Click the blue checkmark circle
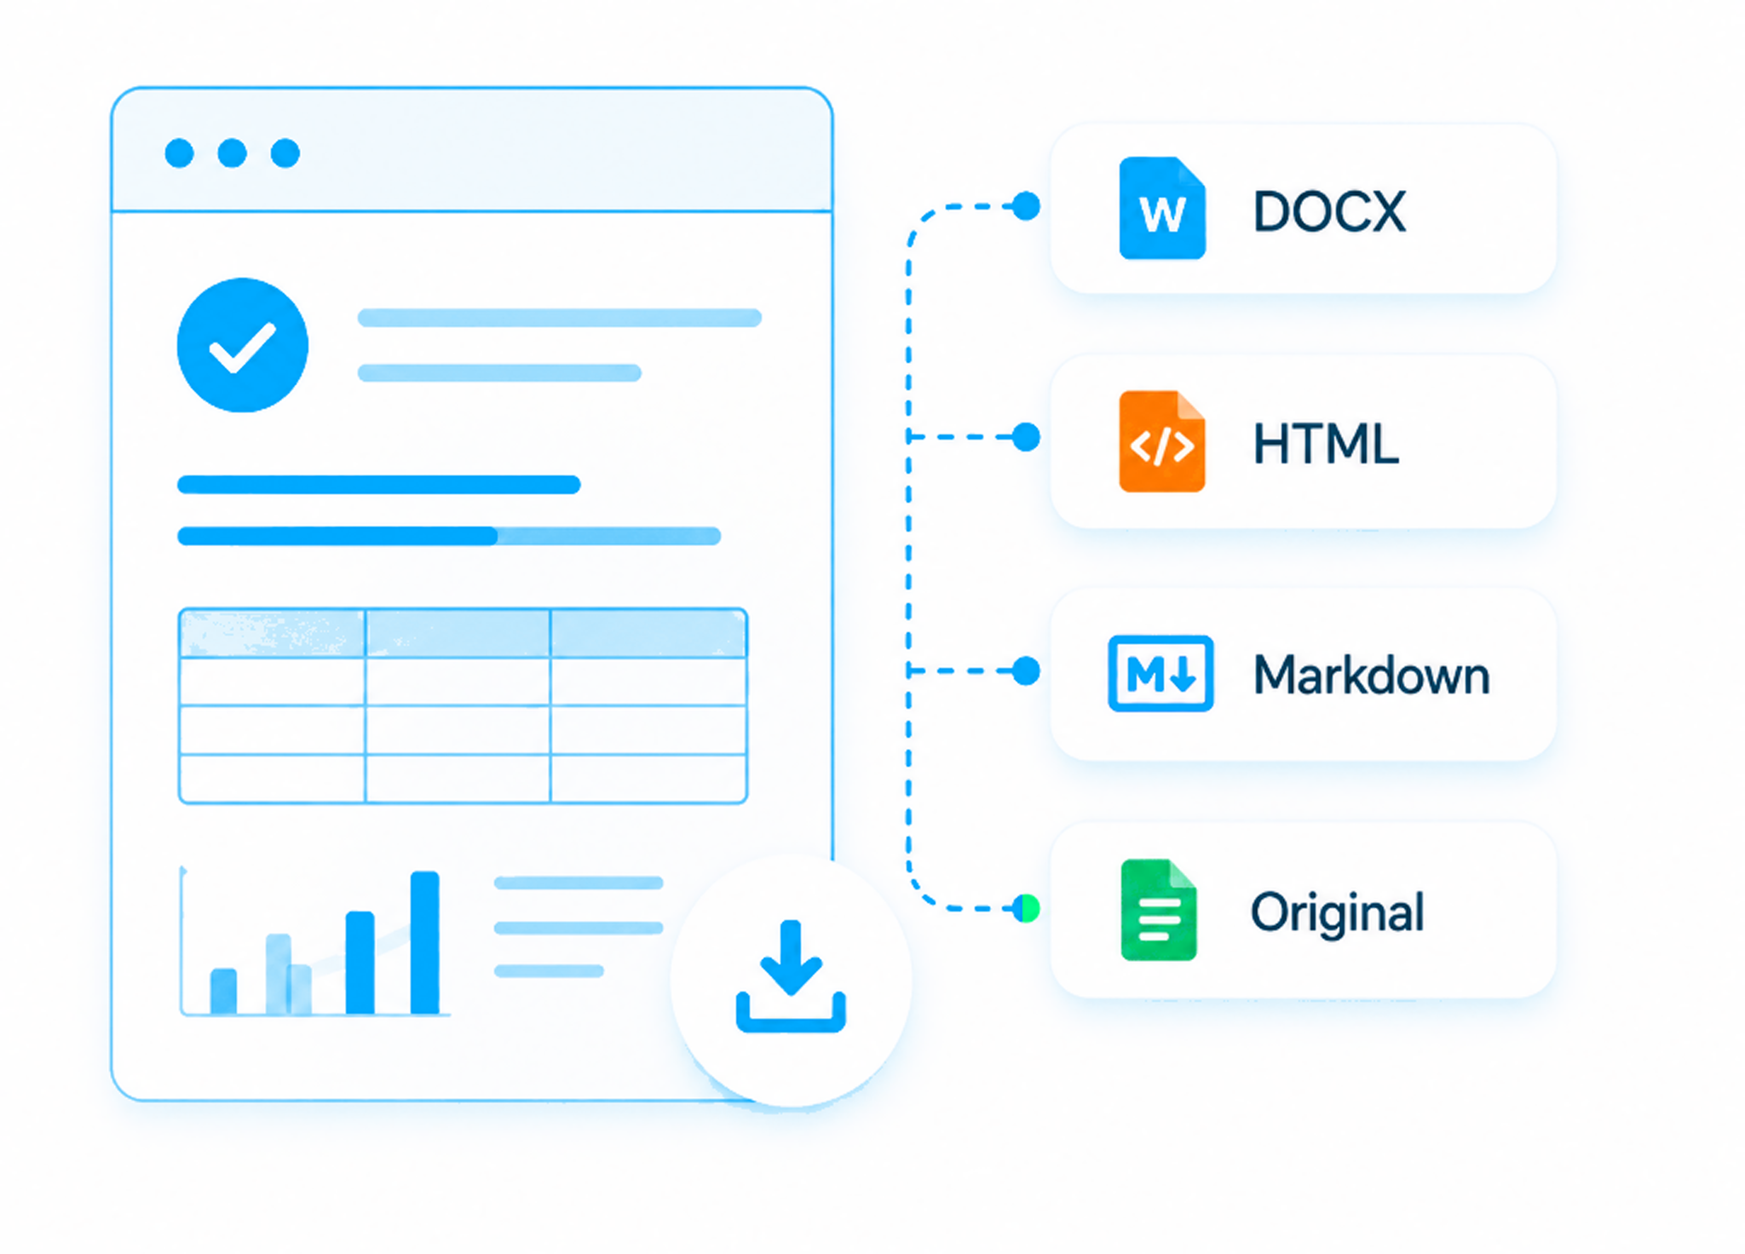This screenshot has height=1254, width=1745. pyautogui.click(x=243, y=345)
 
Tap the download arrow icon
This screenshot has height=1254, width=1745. pyautogui.click(x=791, y=976)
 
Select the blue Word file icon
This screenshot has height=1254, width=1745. pyautogui.click(x=1162, y=208)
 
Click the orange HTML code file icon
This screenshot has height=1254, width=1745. pyautogui.click(x=1162, y=441)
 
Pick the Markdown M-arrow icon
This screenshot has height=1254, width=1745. pyautogui.click(x=1160, y=673)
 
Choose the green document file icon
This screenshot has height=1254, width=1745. pyautogui.click(x=1159, y=910)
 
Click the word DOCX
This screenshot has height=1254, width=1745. pyautogui.click(x=1329, y=211)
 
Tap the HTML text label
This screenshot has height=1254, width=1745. pyautogui.click(x=1326, y=444)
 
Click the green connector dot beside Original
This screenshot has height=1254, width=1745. pyautogui.click(x=1028, y=909)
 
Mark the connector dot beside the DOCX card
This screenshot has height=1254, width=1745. pyautogui.click(x=1027, y=206)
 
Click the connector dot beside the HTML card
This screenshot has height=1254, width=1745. pyautogui.click(x=1027, y=437)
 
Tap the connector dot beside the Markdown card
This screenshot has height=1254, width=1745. pyautogui.click(x=1027, y=671)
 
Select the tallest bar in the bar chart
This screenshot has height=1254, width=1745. pyautogui.click(x=425, y=942)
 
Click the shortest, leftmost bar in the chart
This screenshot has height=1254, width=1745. pyautogui.click(x=223, y=991)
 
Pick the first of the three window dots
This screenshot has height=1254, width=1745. pyautogui.click(x=179, y=153)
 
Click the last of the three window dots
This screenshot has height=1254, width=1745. pyautogui.click(x=285, y=153)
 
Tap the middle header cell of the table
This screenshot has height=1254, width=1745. pyautogui.click(x=458, y=633)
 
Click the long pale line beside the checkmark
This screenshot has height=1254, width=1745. pyautogui.click(x=559, y=318)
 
